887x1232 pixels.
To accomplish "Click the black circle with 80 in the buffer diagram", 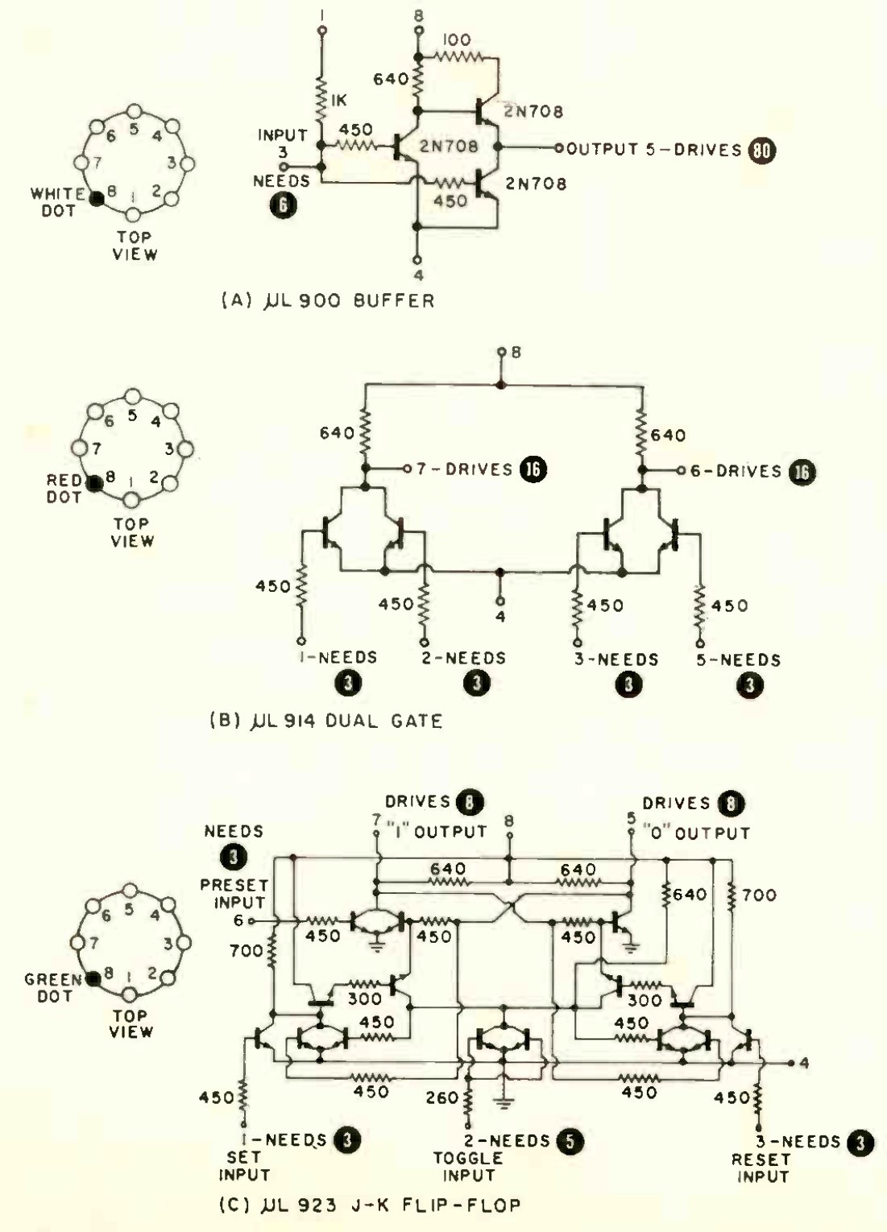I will pyautogui.click(x=761, y=150).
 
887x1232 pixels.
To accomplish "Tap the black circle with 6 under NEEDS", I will pyautogui.click(x=282, y=205).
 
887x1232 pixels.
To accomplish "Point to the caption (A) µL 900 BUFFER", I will pyautogui.click(x=327, y=301).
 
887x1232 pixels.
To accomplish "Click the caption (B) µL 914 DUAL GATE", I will pyautogui.click(x=325, y=720).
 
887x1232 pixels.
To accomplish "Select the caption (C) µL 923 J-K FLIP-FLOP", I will pyautogui.click(x=370, y=1205).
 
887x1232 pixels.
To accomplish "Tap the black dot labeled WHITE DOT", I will pyautogui.click(x=97, y=199).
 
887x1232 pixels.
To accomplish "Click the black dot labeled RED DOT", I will pyautogui.click(x=95, y=483).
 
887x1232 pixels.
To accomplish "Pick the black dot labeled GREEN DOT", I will pyautogui.click(x=93, y=978).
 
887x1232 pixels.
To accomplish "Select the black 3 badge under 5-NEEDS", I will pyautogui.click(x=750, y=684).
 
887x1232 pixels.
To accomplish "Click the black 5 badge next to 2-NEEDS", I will pyautogui.click(x=570, y=1140).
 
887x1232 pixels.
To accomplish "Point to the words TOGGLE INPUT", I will pyautogui.click(x=468, y=1167).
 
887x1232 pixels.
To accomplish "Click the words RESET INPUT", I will pyautogui.click(x=760, y=1168).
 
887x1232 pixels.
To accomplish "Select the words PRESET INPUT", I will pyautogui.click(x=234, y=894).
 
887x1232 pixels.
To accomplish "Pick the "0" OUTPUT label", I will pyautogui.click(x=696, y=833).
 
